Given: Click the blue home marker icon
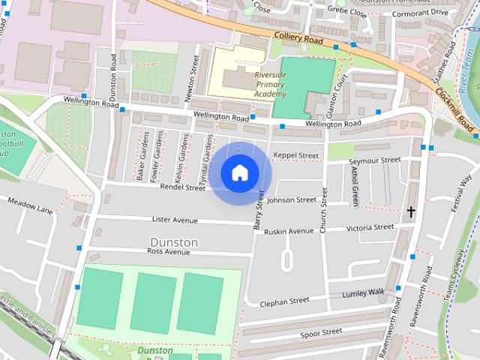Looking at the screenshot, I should click(239, 172).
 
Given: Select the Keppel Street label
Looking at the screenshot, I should click(295, 155).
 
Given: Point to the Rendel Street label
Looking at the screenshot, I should click(181, 187).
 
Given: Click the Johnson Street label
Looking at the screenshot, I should click(291, 200).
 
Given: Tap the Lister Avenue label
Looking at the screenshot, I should click(174, 220).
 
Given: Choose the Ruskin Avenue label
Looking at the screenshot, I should click(289, 232).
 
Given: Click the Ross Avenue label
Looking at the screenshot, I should click(169, 252).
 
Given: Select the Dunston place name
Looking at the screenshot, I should click(174, 242).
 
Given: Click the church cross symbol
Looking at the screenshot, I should click(410, 212).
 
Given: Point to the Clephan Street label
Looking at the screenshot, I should click(284, 301).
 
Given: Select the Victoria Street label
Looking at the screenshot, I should click(370, 226).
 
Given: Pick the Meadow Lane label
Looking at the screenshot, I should click(30, 205).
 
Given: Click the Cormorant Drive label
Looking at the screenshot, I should click(419, 12).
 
